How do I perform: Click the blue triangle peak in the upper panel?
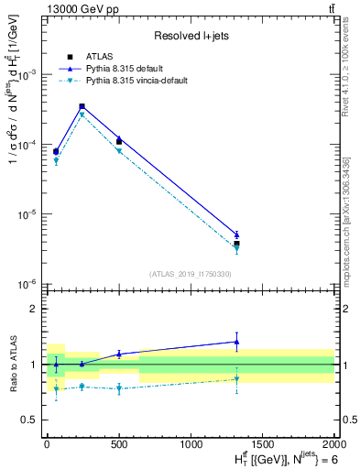pos(82,106)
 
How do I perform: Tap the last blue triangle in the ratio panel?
pos(236,342)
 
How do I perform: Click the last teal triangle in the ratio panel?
pos(236,379)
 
